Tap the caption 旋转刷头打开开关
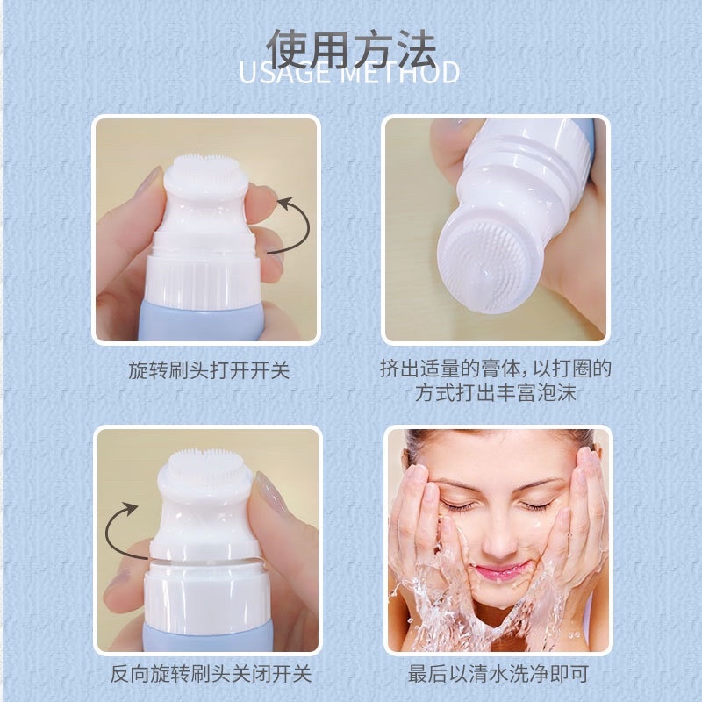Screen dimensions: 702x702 (x=208, y=370)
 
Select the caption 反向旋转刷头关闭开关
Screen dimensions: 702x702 (x=211, y=674)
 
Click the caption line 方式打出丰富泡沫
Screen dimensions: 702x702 (x=497, y=393)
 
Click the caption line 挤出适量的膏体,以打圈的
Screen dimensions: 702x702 (x=497, y=369)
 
